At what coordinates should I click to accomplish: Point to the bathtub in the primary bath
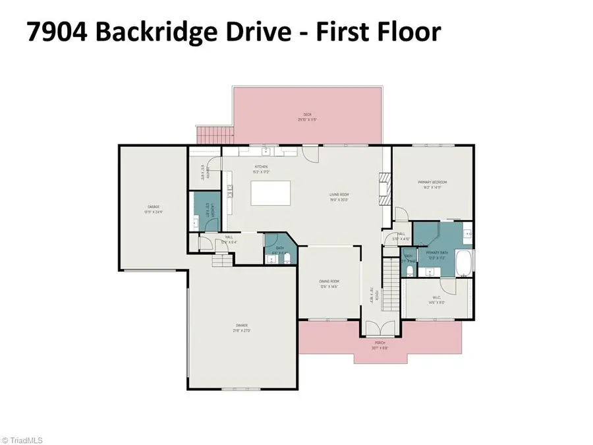[465, 261]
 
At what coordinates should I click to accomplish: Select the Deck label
[307, 119]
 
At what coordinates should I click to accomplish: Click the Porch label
[380, 344]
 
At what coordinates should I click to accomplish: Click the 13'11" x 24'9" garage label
[153, 209]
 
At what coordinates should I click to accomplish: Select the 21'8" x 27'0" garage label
[242, 327]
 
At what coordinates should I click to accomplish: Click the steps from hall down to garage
[222, 261]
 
